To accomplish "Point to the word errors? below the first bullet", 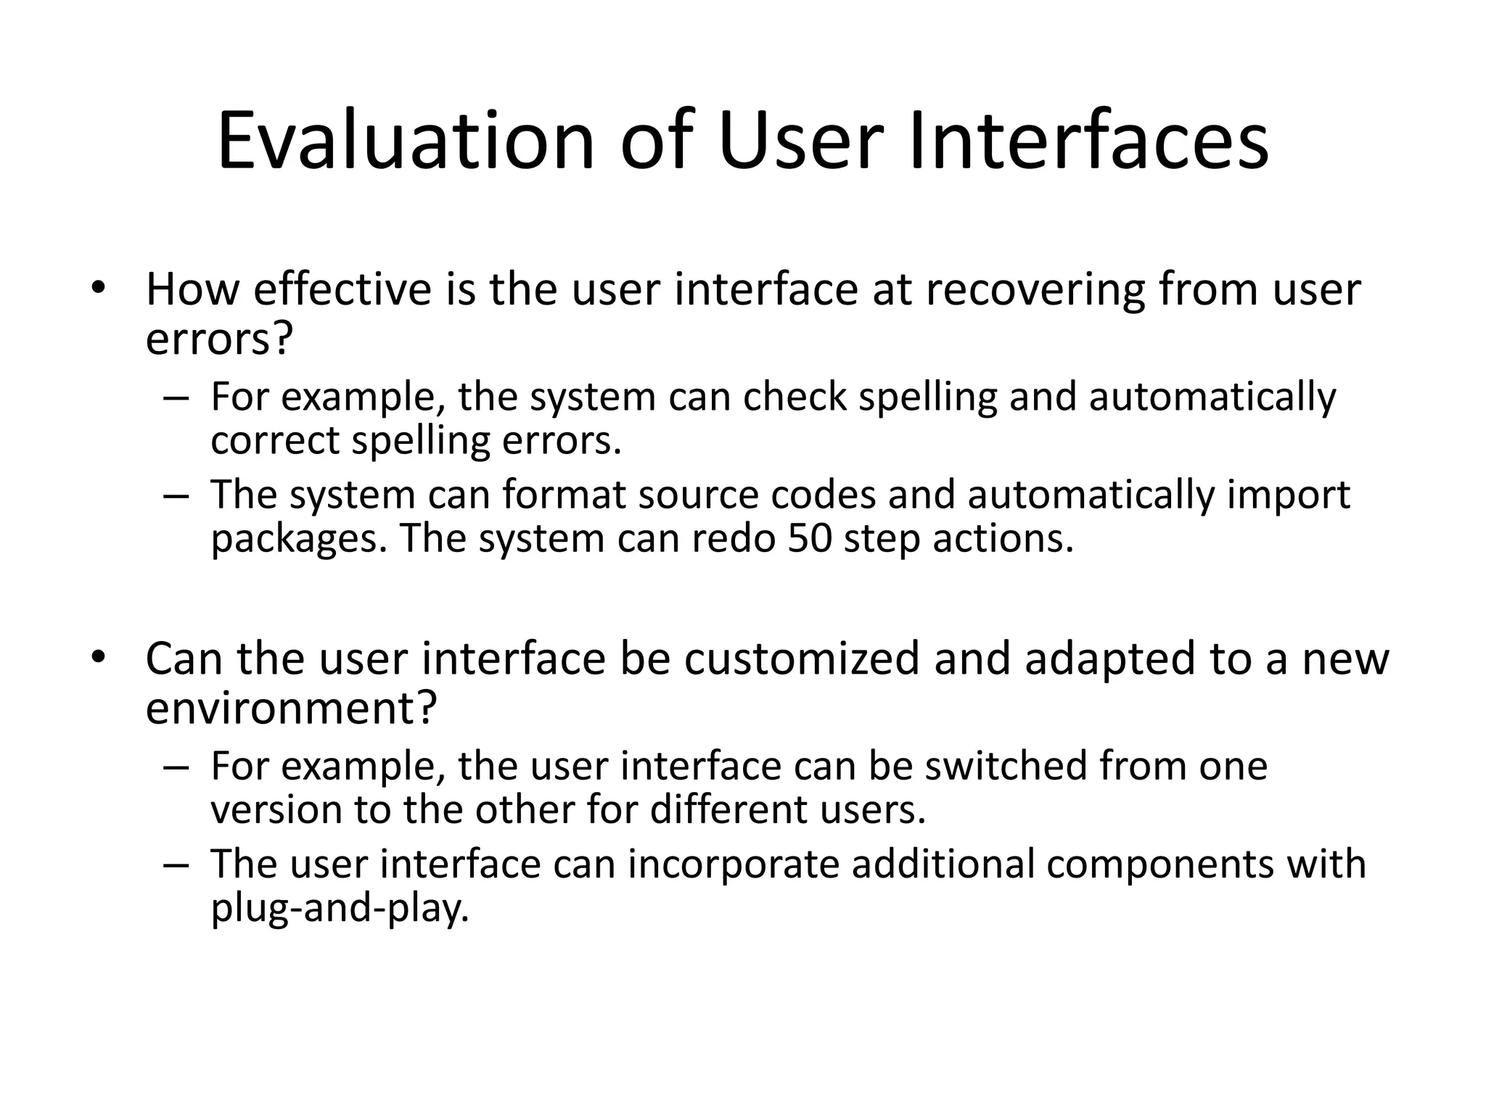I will (x=218, y=338).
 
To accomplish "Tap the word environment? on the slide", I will (x=292, y=707).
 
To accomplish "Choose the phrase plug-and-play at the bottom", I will (x=340, y=907).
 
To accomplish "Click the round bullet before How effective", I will (x=99, y=288).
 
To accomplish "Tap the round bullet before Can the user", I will (x=99, y=657).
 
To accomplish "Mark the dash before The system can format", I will (x=176, y=496).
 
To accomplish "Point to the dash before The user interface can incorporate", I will (x=176, y=865).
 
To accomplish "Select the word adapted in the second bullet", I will (x=1109, y=659).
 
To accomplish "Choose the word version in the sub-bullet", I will (x=276, y=809).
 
